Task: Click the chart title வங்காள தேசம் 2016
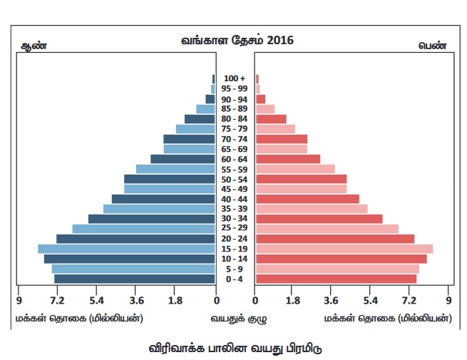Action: (x=237, y=41)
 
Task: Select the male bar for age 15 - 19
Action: (x=126, y=249)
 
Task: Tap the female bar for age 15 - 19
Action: (x=344, y=249)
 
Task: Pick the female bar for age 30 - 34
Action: (x=319, y=219)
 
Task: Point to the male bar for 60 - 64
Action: (x=183, y=159)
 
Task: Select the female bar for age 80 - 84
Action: (x=271, y=119)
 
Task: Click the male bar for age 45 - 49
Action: (x=169, y=189)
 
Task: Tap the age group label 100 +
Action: (x=235, y=78)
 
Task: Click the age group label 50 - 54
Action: (x=235, y=179)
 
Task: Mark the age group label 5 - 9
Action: (x=235, y=269)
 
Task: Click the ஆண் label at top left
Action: (x=31, y=46)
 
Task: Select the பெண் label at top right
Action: (x=432, y=46)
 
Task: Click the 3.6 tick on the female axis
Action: (x=332, y=300)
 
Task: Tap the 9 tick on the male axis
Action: (x=19, y=300)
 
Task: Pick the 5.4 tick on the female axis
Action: (x=371, y=300)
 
